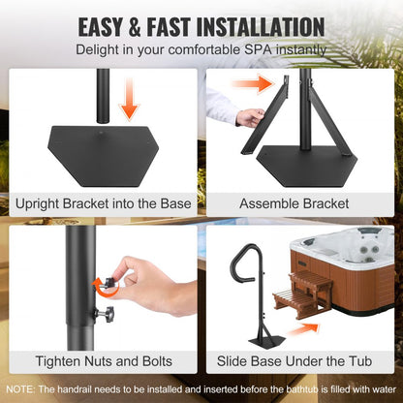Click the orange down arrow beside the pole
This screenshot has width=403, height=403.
point(127,99)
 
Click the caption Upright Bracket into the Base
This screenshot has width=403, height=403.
point(102,204)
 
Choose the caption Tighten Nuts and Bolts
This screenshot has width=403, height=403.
point(102,360)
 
